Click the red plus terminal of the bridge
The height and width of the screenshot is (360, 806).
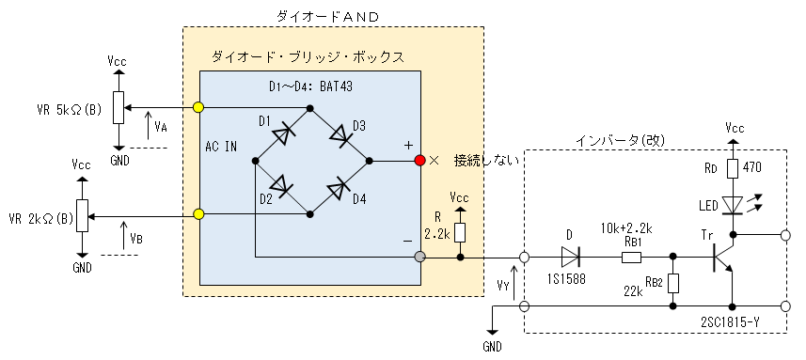(420, 161)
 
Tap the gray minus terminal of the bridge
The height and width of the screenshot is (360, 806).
(420, 257)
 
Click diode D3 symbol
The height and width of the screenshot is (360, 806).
(340, 135)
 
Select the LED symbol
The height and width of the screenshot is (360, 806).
(734, 204)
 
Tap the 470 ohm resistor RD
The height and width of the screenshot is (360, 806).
(734, 168)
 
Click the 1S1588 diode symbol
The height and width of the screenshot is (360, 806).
(572, 257)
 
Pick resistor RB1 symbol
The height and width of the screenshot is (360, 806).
(631, 257)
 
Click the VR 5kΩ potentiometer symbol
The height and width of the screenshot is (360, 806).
(119, 107)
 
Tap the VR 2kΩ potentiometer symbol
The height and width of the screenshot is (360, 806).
(82, 216)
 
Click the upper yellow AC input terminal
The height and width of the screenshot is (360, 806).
(198, 107)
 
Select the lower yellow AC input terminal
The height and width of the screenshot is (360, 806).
(198, 213)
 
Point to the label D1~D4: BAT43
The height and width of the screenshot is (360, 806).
(311, 86)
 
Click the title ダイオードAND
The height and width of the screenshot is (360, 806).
(327, 16)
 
